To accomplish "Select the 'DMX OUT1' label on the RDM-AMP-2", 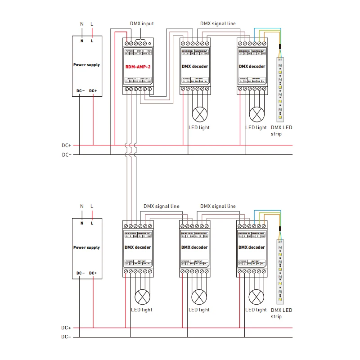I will [x=131, y=79].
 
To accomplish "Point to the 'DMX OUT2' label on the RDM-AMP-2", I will [x=145, y=79].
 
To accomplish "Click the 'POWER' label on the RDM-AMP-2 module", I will [x=129, y=51].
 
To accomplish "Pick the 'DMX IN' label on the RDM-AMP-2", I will [x=140, y=51].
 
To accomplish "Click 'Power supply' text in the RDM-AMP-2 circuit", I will [x=86, y=65].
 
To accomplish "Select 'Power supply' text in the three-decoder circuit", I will [x=86, y=247].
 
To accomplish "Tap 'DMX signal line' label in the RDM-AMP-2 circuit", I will [x=218, y=23].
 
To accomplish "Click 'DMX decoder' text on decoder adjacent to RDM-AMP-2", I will [x=195, y=66].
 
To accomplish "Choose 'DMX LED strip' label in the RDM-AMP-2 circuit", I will [x=282, y=130].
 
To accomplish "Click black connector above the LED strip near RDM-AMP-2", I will [x=279, y=47].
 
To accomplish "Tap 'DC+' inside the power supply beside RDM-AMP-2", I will [x=93, y=91].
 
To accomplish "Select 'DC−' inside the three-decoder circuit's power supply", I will [x=80, y=273].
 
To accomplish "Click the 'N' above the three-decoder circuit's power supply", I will [x=82, y=207].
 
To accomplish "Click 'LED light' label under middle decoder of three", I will [x=198, y=310].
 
